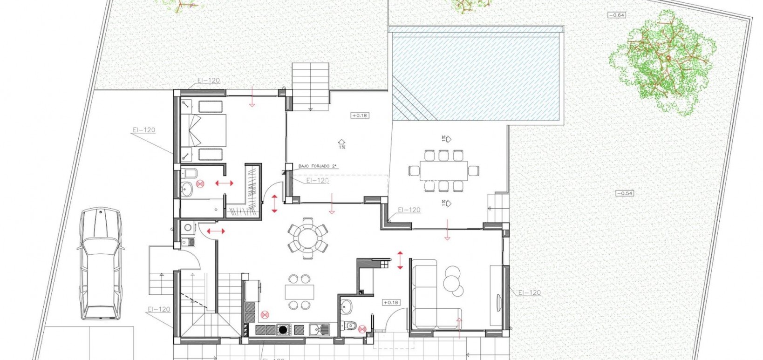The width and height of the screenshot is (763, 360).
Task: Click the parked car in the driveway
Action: [x=101, y=264]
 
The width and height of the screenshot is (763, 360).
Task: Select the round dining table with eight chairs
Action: [x=307, y=238]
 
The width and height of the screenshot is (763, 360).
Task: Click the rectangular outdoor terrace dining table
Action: [x=443, y=170]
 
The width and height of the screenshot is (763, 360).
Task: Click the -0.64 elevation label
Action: [x=617, y=15]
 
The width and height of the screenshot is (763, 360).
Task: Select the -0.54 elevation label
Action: [x=625, y=193]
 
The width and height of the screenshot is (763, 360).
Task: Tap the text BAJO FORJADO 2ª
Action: [x=318, y=166]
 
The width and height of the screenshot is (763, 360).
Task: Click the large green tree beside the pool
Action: [x=661, y=63]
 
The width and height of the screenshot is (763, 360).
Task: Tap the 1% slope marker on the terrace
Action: [x=341, y=143]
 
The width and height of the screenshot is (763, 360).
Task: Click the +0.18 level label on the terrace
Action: [x=360, y=115]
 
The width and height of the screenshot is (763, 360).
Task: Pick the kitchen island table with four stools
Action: [x=299, y=292]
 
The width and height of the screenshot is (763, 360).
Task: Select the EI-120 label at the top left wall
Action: [x=208, y=81]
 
